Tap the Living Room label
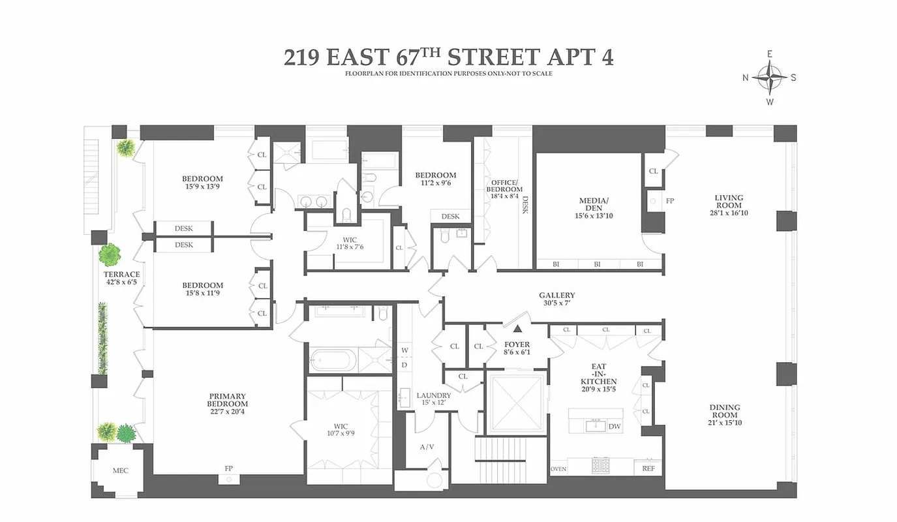coord(729,202)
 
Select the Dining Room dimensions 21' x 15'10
coord(725,423)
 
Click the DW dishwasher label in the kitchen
coord(614,427)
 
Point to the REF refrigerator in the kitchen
coord(648,468)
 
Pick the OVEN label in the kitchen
coord(558,468)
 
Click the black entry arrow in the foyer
coord(517,330)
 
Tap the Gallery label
coord(556,296)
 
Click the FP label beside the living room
coord(669,201)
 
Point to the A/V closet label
coord(427,447)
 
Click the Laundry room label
coord(434,395)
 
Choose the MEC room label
coord(120,470)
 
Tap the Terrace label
coord(122,275)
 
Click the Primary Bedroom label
coord(228,400)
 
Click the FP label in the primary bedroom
coord(229,468)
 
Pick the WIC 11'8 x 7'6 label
coord(350,243)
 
